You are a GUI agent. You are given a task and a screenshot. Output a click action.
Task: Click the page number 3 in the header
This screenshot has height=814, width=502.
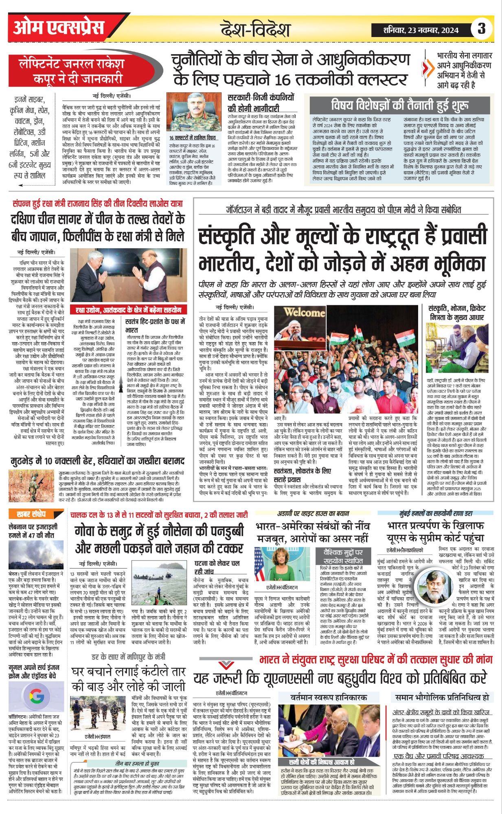point(482,29)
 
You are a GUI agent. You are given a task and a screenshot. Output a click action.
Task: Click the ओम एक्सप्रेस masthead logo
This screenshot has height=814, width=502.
point(59,28)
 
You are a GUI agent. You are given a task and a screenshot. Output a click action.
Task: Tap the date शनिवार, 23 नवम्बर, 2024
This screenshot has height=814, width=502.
point(421,30)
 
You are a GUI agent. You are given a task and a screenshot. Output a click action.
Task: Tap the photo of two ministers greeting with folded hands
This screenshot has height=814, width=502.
point(129,275)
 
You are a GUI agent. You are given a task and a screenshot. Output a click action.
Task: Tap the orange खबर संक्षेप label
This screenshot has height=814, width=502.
point(31,514)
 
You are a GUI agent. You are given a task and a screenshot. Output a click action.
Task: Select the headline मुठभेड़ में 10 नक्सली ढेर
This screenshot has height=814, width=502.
point(98,461)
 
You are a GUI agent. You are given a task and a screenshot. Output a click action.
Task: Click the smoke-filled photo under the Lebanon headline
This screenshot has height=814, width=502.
point(35,555)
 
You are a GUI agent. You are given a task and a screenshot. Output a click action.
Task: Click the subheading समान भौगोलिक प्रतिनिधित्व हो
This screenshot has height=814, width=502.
point(441,697)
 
